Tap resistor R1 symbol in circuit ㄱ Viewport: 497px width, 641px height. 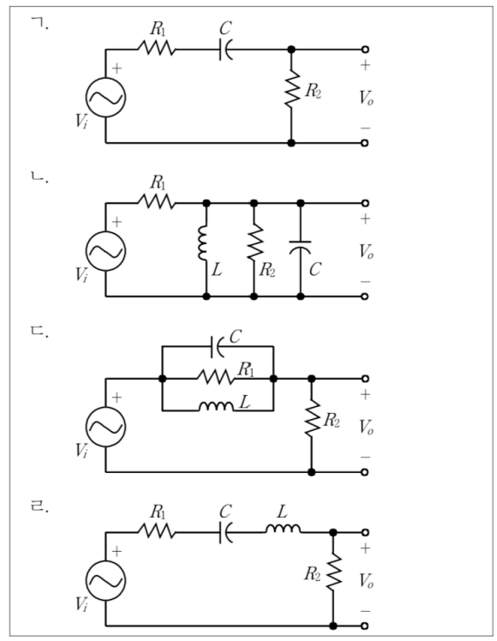pyautogui.click(x=157, y=50)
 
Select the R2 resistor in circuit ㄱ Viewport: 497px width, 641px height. pyautogui.click(x=292, y=89)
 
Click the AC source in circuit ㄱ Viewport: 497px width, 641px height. pyautogui.click(x=106, y=98)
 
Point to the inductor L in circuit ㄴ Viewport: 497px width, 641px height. pyautogui.click(x=203, y=243)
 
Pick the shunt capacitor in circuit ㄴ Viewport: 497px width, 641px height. pyautogui.click(x=301, y=248)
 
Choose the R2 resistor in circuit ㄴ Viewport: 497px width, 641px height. pyautogui.click(x=254, y=242)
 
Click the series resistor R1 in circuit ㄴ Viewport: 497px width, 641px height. pyautogui.click(x=157, y=203)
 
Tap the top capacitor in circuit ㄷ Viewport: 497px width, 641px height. pyautogui.click(x=217, y=347)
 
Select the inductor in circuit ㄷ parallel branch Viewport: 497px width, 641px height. pyautogui.click(x=216, y=407)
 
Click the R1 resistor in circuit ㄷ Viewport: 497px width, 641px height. pyautogui.click(x=216, y=378)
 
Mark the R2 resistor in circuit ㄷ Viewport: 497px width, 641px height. pyautogui.click(x=312, y=418)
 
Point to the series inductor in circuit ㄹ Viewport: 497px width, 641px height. pyautogui.click(x=283, y=529)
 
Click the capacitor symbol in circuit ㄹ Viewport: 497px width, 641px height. pyautogui.click(x=226, y=532)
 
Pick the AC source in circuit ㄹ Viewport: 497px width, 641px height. pyautogui.click(x=106, y=580)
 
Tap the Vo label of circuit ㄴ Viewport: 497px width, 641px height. pyautogui.click(x=366, y=251)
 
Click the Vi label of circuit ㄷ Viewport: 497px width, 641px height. pyautogui.click(x=81, y=451)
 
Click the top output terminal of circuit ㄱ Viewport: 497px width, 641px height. pyautogui.click(x=365, y=50)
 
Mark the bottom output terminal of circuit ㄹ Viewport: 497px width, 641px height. pyautogui.click(x=365, y=626)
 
